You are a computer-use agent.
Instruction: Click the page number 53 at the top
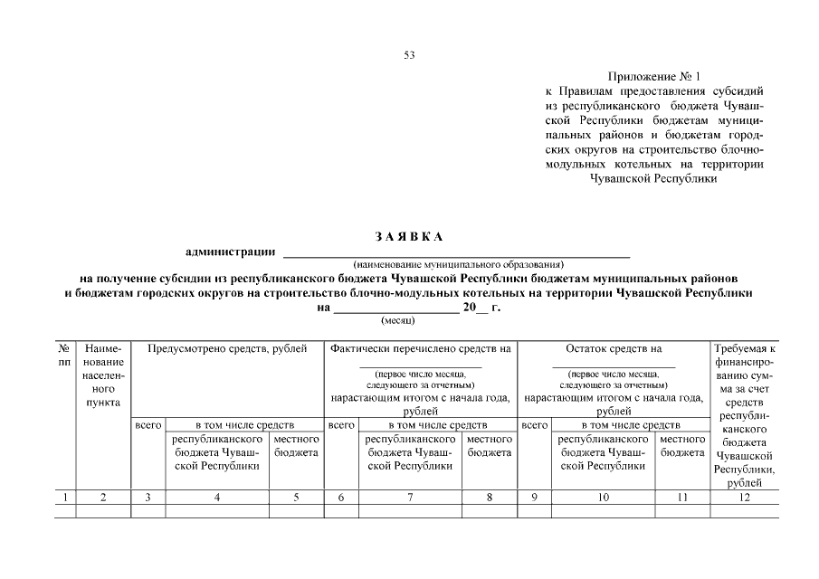409,55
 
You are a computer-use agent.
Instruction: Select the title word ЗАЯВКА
409,237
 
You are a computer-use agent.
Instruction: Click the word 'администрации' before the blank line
231,252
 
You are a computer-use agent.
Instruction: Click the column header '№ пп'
65,354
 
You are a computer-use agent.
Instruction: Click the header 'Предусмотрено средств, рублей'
227,347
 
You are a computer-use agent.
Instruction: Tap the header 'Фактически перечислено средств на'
421,347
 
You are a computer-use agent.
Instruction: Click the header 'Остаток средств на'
614,347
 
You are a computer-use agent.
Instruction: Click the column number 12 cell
743,497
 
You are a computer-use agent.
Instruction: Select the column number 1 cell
65,497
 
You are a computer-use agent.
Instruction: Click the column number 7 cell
411,497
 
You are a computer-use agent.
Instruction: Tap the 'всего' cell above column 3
148,423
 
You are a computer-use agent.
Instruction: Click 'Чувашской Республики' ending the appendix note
652,178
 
